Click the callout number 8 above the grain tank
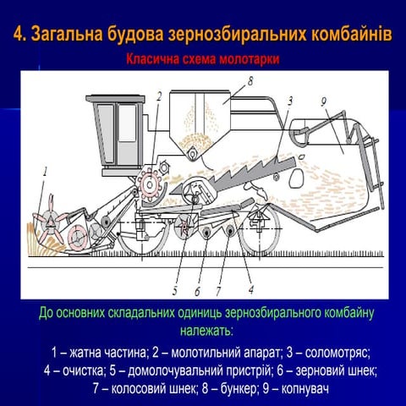(x=250, y=81)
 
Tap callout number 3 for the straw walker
(x=290, y=101)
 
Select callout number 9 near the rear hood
(x=324, y=101)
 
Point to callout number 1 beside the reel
(x=46, y=172)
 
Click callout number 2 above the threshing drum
(x=159, y=96)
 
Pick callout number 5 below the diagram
(x=175, y=290)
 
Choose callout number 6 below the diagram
(x=197, y=291)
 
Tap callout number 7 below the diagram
(x=218, y=291)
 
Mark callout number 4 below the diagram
(x=251, y=289)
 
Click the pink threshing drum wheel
(x=150, y=184)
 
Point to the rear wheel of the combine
(x=260, y=228)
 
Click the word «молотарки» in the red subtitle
(x=250, y=59)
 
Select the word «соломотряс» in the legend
(x=337, y=353)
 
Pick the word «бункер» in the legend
(x=239, y=389)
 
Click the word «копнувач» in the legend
(x=304, y=389)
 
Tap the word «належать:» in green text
(x=206, y=331)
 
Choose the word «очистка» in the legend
(x=83, y=371)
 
